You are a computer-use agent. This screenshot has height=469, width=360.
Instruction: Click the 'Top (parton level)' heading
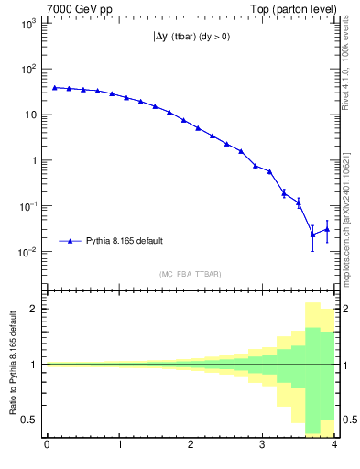(x=299, y=9)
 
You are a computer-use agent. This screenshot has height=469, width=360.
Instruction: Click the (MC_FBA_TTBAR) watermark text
(x=190, y=274)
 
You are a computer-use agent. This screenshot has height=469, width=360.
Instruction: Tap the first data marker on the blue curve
(x=54, y=87)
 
